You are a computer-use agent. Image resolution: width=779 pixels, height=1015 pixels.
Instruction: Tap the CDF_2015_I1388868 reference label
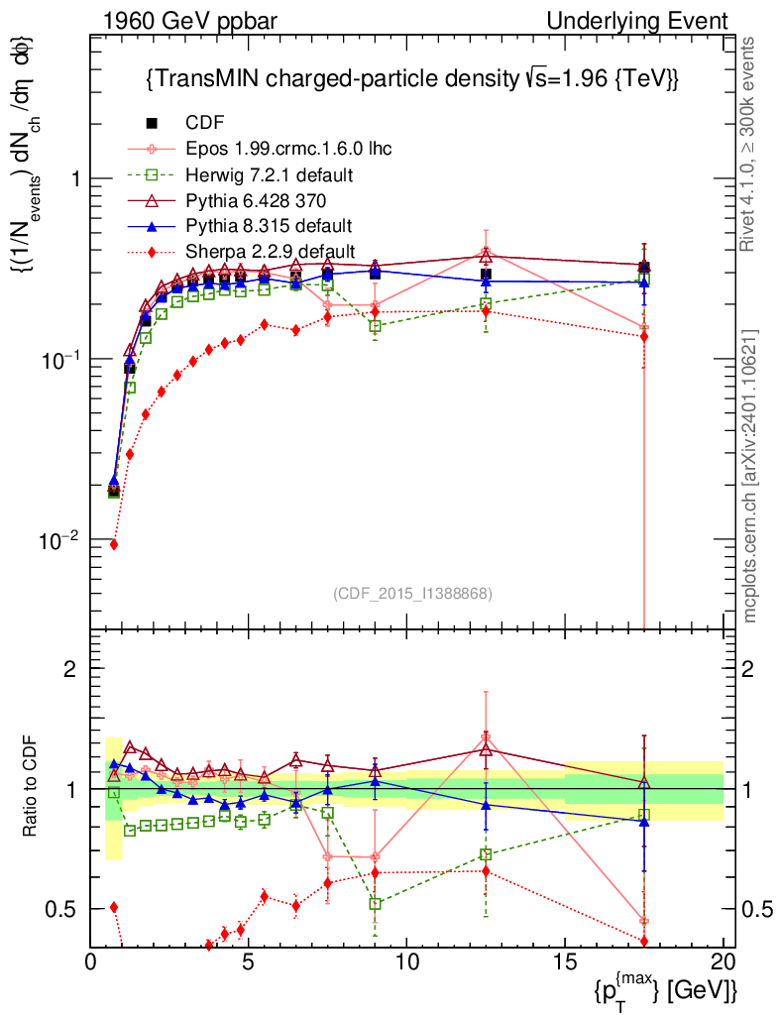pos(411,593)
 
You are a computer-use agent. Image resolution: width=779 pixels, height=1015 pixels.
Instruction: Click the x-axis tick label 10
pos(406,960)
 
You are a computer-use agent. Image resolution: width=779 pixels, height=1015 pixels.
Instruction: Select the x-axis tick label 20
pos(723,960)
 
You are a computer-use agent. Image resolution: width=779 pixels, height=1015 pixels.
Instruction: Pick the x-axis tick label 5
pos(249,960)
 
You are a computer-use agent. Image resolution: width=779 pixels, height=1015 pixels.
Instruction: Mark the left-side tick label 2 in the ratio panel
pos(70,668)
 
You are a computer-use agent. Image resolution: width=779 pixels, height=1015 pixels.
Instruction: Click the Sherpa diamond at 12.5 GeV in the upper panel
pos(486,311)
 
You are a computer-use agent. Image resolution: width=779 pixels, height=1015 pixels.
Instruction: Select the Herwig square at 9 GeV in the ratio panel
pos(376,903)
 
